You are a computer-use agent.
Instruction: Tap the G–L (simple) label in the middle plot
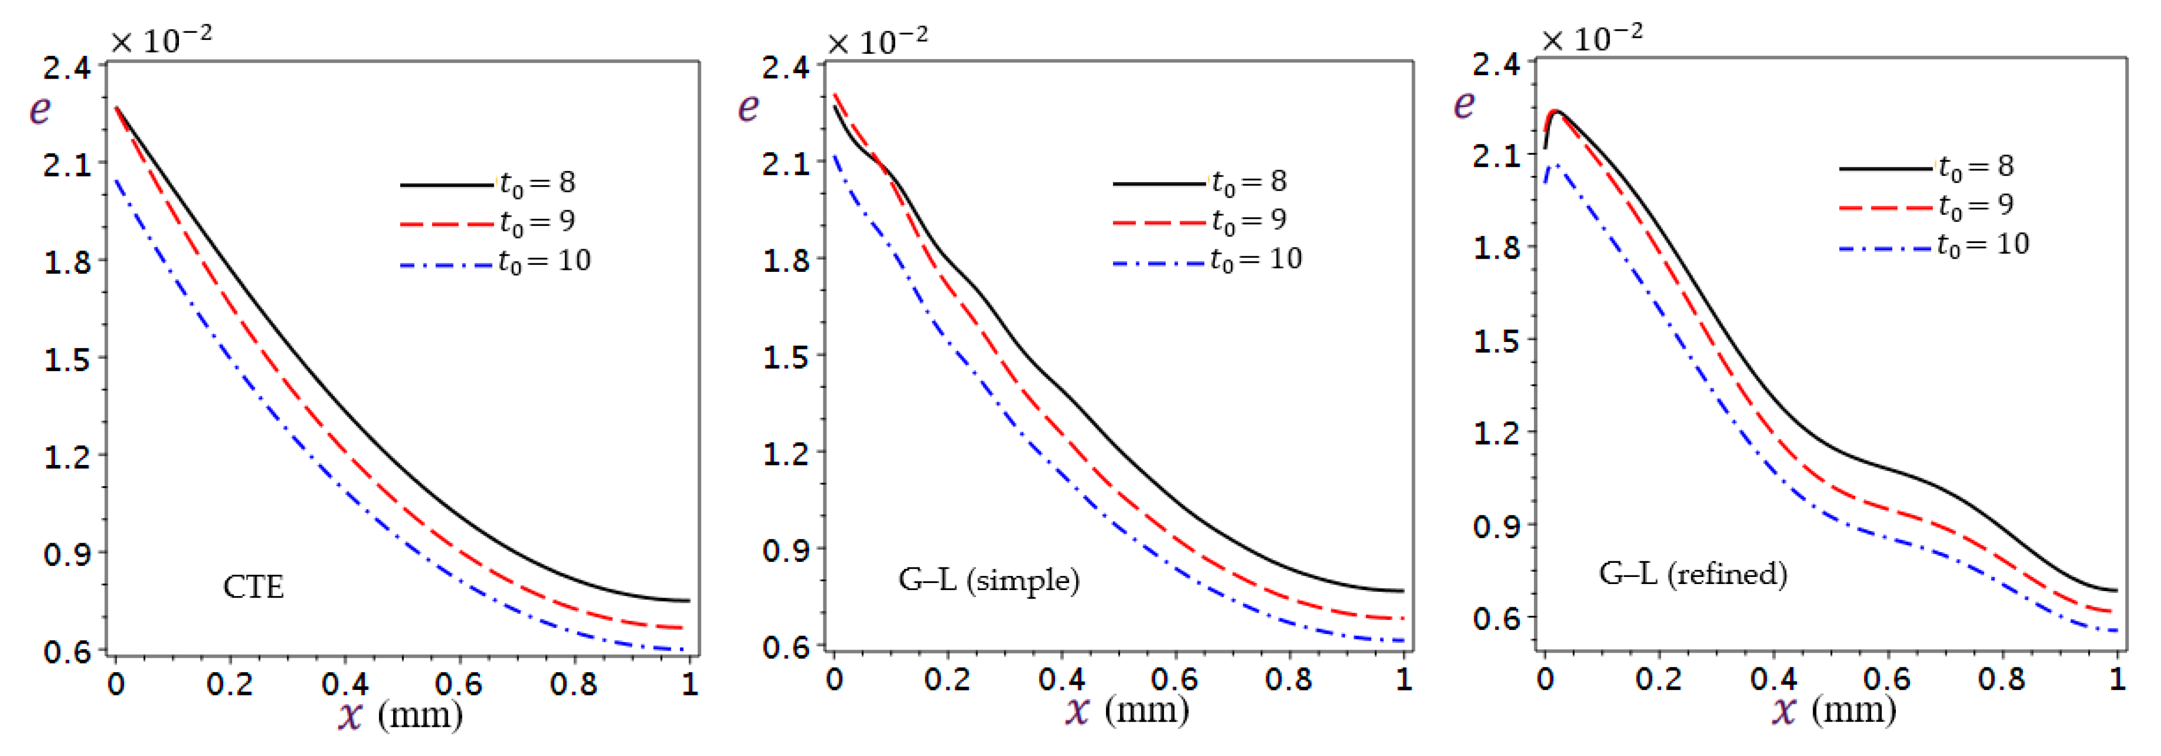click(x=988, y=580)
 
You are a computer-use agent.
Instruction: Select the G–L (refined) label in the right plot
click(x=1692, y=574)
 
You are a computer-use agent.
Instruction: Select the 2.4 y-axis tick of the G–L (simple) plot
click(x=785, y=67)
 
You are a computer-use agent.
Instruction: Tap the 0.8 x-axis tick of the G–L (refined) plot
click(x=2002, y=678)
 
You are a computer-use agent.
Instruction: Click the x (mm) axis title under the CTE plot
click(x=400, y=715)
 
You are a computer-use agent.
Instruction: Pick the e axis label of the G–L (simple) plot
click(x=748, y=107)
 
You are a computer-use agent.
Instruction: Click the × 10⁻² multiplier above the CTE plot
click(x=161, y=39)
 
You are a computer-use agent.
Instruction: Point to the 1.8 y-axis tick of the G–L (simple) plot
click(x=785, y=260)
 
